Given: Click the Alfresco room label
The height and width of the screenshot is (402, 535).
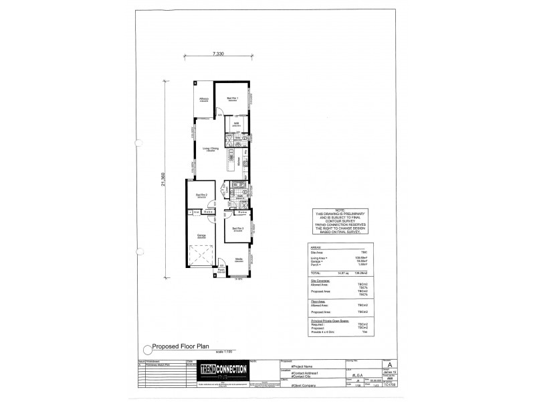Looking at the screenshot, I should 203,100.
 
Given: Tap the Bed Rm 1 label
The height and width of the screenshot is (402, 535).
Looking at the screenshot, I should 232,98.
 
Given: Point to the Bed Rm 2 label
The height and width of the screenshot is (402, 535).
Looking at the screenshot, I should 201,195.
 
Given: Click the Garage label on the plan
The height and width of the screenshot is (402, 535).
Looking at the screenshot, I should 200,235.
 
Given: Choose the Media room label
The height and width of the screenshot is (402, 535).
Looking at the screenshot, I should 239,259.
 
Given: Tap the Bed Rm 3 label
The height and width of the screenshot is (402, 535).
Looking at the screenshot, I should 237,228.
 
